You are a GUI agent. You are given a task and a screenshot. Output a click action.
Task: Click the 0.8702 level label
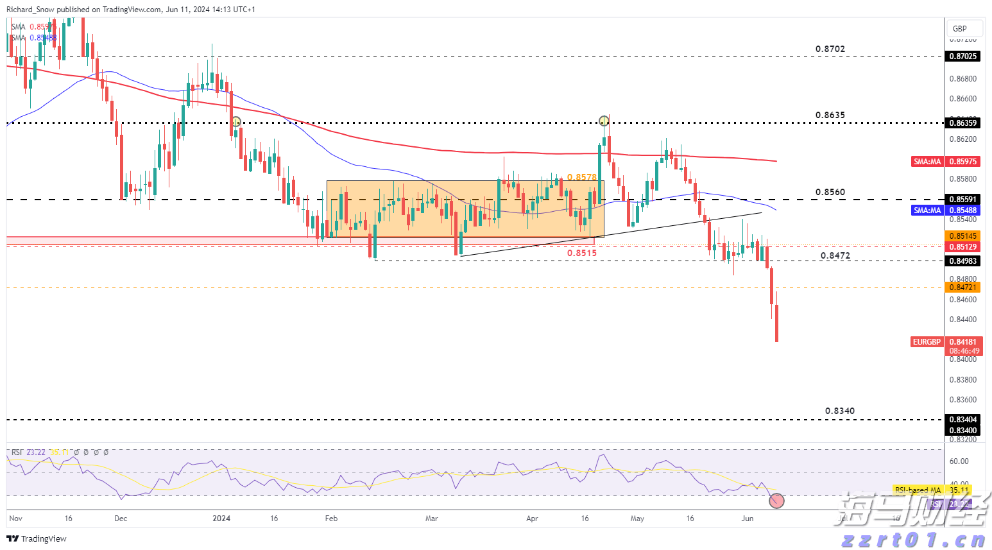pos(830,49)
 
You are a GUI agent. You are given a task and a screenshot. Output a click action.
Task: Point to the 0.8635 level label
pos(830,116)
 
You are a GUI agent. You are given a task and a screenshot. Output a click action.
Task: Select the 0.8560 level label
pos(830,192)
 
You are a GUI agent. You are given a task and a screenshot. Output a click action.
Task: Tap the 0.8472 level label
pos(835,255)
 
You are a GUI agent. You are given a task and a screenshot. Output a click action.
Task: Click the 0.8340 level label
pos(839,411)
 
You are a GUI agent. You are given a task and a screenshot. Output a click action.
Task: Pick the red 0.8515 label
pos(581,253)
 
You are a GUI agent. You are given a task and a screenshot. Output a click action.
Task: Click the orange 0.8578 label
pos(581,177)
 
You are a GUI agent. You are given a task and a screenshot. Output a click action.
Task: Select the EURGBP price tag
pos(927,342)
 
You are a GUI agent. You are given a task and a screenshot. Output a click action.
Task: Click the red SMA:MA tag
pos(927,162)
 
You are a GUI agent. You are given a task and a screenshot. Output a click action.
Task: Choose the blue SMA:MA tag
pos(927,211)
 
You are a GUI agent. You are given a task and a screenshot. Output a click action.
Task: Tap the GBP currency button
pos(960,28)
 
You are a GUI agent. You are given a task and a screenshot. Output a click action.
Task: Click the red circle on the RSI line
pos(776,501)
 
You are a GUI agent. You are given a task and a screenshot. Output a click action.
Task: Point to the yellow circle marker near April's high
pos(604,121)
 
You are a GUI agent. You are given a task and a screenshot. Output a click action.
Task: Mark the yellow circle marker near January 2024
pos(236,121)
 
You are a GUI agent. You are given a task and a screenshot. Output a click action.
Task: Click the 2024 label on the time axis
pos(221,518)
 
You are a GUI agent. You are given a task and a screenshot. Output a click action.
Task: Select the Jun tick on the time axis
pos(747,518)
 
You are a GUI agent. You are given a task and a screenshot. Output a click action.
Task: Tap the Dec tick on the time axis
pos(121,518)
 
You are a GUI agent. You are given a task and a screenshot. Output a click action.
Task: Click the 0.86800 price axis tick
pos(962,79)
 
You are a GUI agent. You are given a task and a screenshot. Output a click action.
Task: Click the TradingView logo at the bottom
pos(37,538)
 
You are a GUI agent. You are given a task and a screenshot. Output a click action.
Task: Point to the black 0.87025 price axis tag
pos(962,56)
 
